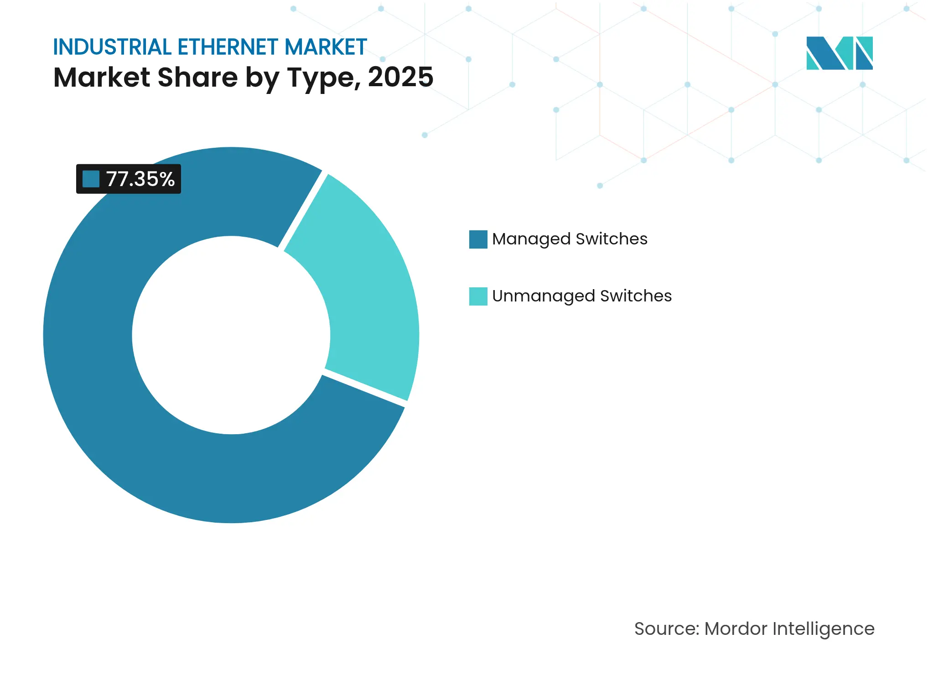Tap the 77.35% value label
tap(140, 179)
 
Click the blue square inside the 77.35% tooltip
tap(91, 179)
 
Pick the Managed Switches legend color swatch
tap(478, 239)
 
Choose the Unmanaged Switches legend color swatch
tap(478, 296)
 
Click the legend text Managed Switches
tap(570, 239)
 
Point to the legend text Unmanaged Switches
tap(582, 296)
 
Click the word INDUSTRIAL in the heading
tap(112, 47)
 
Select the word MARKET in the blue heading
tap(326, 47)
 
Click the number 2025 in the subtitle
tap(400, 77)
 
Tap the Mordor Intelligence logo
tap(839, 53)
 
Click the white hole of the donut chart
tap(231, 335)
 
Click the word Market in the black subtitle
tap(102, 77)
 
